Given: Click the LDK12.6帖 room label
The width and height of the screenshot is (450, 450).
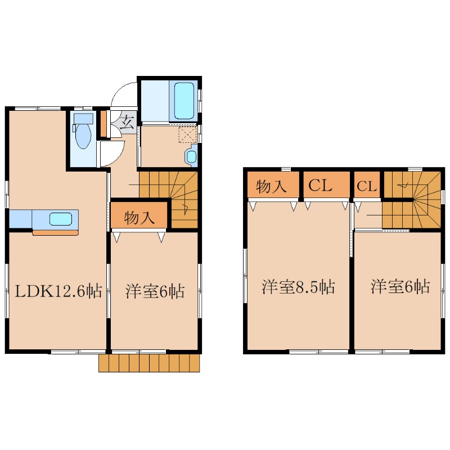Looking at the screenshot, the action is point(58,291).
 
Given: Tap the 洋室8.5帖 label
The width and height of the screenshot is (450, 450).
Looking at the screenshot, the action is point(298,286).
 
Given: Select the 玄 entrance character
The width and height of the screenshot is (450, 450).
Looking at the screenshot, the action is point(127,123).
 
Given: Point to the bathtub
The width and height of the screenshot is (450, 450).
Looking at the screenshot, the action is point(184,101).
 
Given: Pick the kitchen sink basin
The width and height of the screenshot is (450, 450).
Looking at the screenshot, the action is point(60,219).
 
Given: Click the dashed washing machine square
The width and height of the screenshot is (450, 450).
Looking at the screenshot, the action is point(187,134).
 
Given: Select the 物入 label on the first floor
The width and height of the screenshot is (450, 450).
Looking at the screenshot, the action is point(139,218).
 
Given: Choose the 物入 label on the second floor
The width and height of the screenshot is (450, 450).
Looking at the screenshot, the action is point(271,186).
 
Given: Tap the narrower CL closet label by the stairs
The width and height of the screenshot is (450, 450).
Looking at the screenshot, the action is point(367,186).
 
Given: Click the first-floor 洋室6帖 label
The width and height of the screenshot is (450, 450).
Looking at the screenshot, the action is point(155,291).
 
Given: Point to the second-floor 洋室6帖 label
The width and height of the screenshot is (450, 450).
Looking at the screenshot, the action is point(400,286).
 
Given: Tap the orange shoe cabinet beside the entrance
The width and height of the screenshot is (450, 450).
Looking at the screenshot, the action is point(103,124).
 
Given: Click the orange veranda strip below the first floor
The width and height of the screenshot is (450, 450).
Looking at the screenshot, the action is point(149,363).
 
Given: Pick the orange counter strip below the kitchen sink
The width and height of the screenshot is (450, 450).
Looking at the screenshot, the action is point(55,232).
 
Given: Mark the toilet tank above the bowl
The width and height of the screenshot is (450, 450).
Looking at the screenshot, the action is point(83,118).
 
